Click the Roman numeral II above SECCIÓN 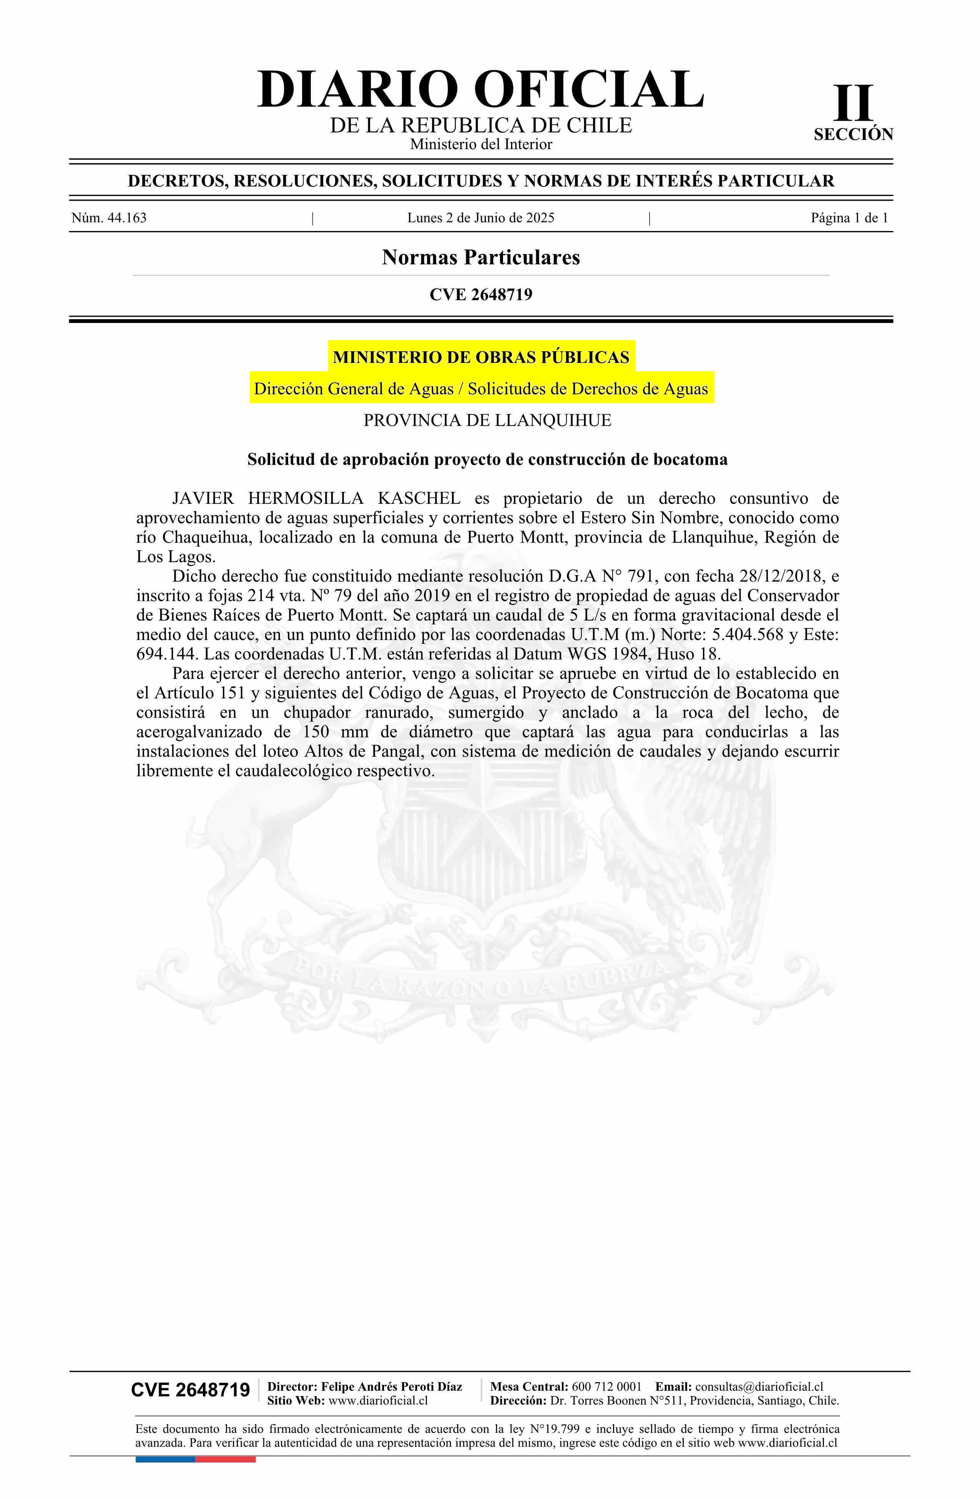point(854,103)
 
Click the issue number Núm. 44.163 point(109,218)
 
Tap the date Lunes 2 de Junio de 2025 point(480,218)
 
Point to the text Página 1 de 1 point(849,218)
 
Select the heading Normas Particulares point(480,257)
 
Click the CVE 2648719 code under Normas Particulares point(480,294)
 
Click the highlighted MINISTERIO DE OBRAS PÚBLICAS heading point(480,357)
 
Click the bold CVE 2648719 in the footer point(190,1391)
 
